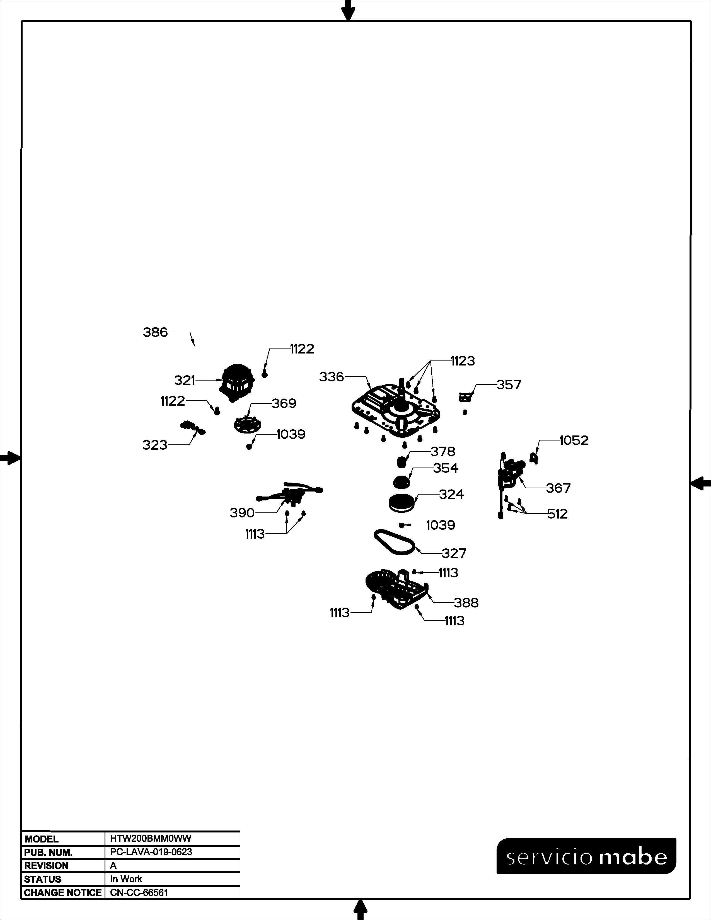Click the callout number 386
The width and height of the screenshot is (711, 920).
(155, 332)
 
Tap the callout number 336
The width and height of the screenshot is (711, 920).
(332, 377)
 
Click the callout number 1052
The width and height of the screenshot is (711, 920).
(574, 440)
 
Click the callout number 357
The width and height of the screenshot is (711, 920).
(509, 385)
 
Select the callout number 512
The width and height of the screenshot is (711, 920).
(558, 514)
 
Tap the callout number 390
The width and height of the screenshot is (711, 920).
(242, 513)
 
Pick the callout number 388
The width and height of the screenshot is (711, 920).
(466, 603)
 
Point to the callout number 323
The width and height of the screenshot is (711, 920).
(155, 445)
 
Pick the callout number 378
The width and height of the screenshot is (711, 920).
(443, 452)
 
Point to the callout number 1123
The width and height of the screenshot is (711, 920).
(463, 361)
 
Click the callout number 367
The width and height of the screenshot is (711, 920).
(558, 488)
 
